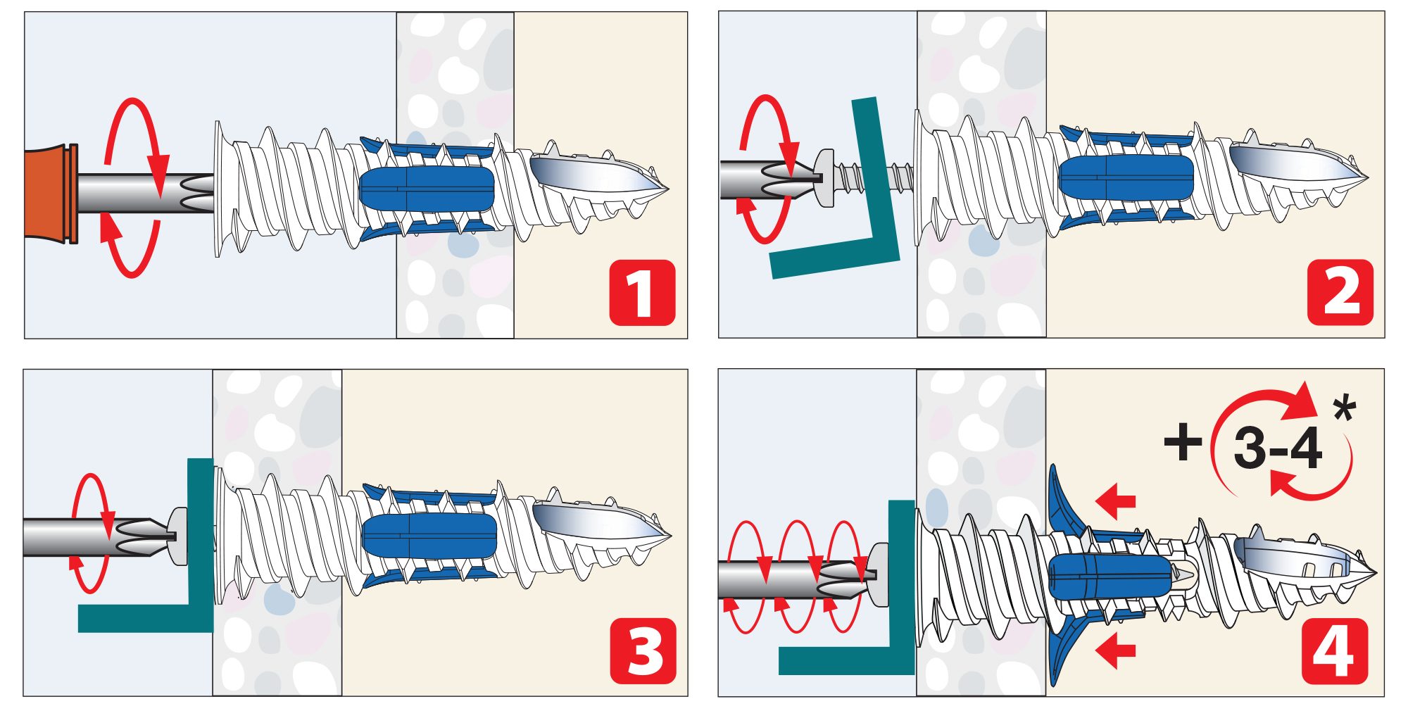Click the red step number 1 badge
pos(642,293)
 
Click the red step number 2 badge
pos(1340,292)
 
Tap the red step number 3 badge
pos(643,651)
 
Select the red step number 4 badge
pos(1335,651)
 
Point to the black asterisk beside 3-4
pos(1344,408)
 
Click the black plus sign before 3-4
pos(1183,442)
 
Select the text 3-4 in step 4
pos(1278,448)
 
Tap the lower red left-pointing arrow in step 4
pos(1116,649)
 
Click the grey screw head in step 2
pos(824,177)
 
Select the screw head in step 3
pos(178,536)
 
